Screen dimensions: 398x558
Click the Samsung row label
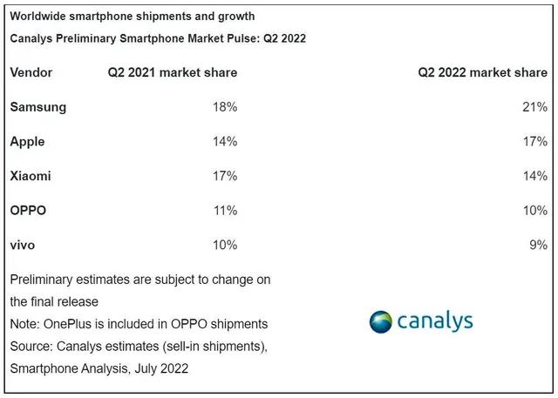(37, 107)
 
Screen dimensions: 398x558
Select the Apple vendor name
(27, 141)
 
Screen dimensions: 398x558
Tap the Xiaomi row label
(31, 176)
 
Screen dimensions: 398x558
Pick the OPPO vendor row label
(28, 211)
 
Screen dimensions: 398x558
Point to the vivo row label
(24, 245)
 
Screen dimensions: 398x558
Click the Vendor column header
(31, 72)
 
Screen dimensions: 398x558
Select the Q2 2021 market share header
(172, 72)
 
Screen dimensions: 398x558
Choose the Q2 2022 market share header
(482, 72)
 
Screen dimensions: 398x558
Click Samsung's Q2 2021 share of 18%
(224, 107)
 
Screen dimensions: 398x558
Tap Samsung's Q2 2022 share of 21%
(534, 107)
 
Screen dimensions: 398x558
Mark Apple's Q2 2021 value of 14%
(224, 141)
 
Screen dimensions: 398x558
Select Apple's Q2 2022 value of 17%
(534, 141)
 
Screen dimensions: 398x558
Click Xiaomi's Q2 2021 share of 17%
(224, 176)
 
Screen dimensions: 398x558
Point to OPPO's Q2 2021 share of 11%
(224, 211)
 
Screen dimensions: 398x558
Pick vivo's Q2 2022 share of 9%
(538, 245)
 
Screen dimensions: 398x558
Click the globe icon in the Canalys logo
(381, 321)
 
